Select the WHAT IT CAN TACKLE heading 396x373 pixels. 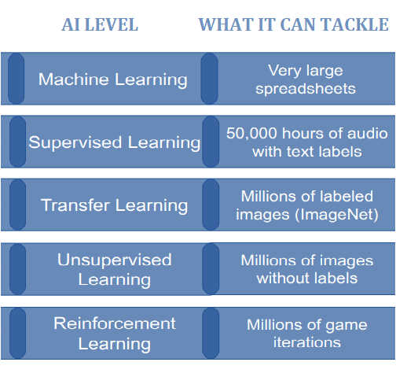point(293,25)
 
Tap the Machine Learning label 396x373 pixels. point(113,79)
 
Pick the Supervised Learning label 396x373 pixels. point(115,142)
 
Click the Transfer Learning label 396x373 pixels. point(115,205)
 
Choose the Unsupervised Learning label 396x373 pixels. point(115,269)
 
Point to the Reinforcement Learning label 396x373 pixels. point(115,333)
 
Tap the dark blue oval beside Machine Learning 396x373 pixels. point(16,79)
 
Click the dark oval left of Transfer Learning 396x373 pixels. point(16,205)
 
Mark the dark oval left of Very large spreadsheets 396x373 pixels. point(210,79)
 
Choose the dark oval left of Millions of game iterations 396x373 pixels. point(210,333)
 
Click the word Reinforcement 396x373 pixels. point(115,323)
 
